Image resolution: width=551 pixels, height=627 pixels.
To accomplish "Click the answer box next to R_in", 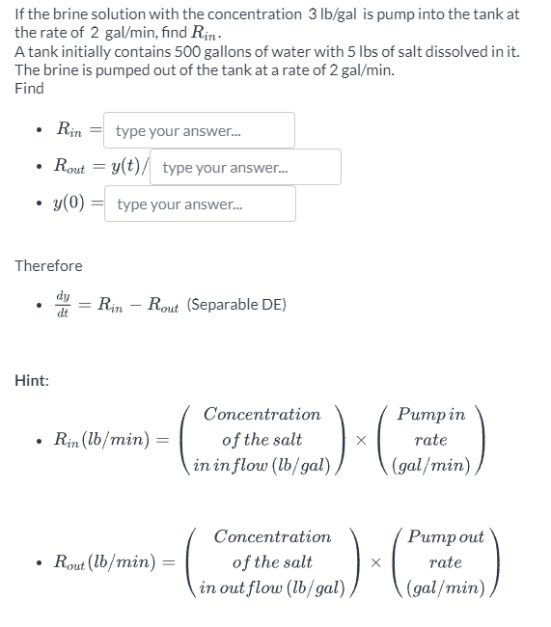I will pos(201,130).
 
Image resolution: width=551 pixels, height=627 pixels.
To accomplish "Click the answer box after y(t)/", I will pos(247,167).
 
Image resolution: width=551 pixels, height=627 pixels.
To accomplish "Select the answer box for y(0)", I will pos(201,204).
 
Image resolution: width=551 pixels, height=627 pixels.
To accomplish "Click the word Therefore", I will pos(48,265).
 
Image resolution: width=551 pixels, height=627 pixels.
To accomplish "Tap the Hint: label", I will pos(32,380).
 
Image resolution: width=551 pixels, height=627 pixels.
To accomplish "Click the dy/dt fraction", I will pos(63,304).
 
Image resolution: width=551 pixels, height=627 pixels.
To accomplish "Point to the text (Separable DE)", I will pos(236,304).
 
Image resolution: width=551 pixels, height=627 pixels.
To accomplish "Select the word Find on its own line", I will pos(29,88).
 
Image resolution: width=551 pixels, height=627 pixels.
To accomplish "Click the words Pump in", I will pos(430,415).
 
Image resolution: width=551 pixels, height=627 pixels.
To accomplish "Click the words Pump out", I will pos(444,536).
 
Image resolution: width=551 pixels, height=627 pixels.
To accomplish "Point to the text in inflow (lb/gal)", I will pos(262,465).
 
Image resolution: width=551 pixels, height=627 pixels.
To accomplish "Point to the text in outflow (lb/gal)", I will pos(272,586).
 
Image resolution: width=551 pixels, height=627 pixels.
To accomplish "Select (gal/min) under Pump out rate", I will pos(444,586).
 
